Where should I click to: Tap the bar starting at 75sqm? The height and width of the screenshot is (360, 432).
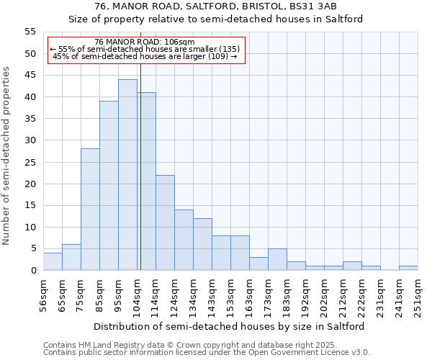[x=90, y=210]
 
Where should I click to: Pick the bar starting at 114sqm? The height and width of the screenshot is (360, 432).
[x=165, y=222]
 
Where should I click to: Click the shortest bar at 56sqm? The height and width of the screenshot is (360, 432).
[x=53, y=261]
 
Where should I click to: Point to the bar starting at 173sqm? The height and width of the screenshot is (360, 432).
[x=277, y=259]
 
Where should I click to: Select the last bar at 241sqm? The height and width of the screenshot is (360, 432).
[x=408, y=268]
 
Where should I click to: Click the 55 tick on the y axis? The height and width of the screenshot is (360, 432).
[x=30, y=32]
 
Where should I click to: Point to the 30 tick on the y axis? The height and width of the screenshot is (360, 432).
[x=30, y=140]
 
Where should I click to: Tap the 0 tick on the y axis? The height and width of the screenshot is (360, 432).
[x=32, y=271]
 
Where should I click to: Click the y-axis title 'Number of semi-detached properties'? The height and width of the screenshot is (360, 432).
[x=7, y=156]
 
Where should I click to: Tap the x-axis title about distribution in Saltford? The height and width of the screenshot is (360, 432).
[x=229, y=326]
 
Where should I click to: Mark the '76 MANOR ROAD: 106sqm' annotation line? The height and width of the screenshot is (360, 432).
[x=144, y=42]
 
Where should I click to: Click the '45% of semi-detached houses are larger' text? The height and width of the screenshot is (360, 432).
[x=145, y=56]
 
